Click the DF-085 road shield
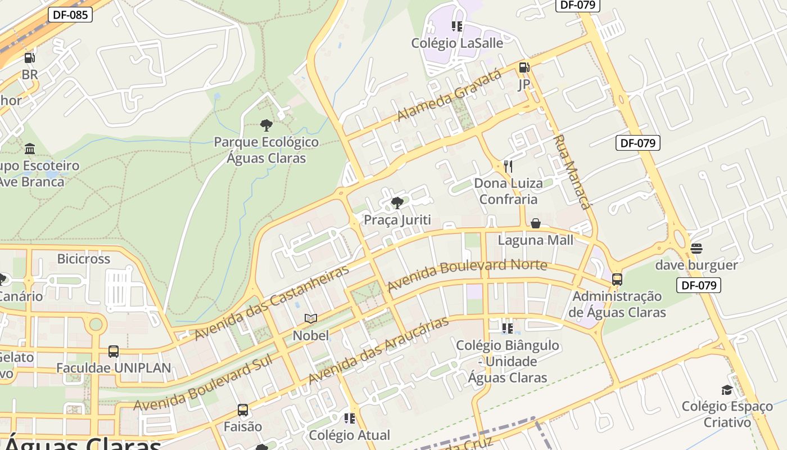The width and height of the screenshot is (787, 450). tap(70, 15)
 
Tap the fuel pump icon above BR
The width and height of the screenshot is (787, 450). tap(29, 57)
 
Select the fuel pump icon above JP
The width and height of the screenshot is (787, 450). tap(524, 67)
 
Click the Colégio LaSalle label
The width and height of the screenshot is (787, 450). tap(457, 43)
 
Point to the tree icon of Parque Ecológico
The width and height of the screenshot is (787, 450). tap(266, 125)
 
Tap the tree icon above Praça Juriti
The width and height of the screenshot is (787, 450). tap(397, 203)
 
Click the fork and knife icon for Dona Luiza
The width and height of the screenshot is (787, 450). tap(508, 166)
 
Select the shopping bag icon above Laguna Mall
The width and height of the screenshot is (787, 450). tap(536, 223)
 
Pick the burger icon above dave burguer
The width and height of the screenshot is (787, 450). tap(696, 248)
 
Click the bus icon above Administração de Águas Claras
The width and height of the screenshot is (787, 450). tap(617, 279)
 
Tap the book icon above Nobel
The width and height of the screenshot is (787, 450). tap(311, 318)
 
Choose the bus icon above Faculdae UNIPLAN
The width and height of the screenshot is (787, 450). tap(114, 352)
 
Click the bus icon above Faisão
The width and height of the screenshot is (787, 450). tap(243, 410)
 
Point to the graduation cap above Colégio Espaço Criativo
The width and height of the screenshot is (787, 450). tap(727, 390)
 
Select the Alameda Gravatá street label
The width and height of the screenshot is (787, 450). tap(449, 96)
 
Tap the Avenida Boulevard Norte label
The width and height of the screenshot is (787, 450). tap(467, 274)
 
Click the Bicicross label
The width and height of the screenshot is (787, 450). tap(84, 259)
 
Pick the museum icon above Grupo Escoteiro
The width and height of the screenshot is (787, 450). tap(30, 149)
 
